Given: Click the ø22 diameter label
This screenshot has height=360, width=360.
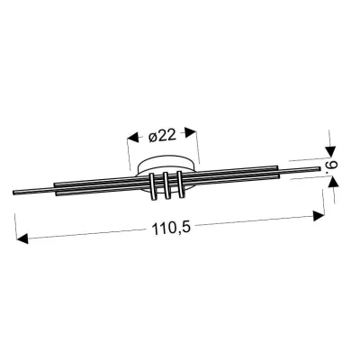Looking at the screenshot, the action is (162, 137).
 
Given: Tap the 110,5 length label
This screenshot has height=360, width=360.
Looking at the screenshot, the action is (171, 229).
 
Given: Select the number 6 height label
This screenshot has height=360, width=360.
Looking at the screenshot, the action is (334, 166).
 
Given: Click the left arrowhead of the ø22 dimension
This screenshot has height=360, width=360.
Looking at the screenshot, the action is (134, 139).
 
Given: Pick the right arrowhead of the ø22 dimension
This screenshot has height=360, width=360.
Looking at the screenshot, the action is (191, 132).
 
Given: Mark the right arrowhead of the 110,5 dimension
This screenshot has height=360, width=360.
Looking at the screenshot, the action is (319, 216).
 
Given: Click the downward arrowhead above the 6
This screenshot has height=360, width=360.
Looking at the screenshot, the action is (330, 151).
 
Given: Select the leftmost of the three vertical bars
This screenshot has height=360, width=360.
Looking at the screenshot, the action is (153, 186).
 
